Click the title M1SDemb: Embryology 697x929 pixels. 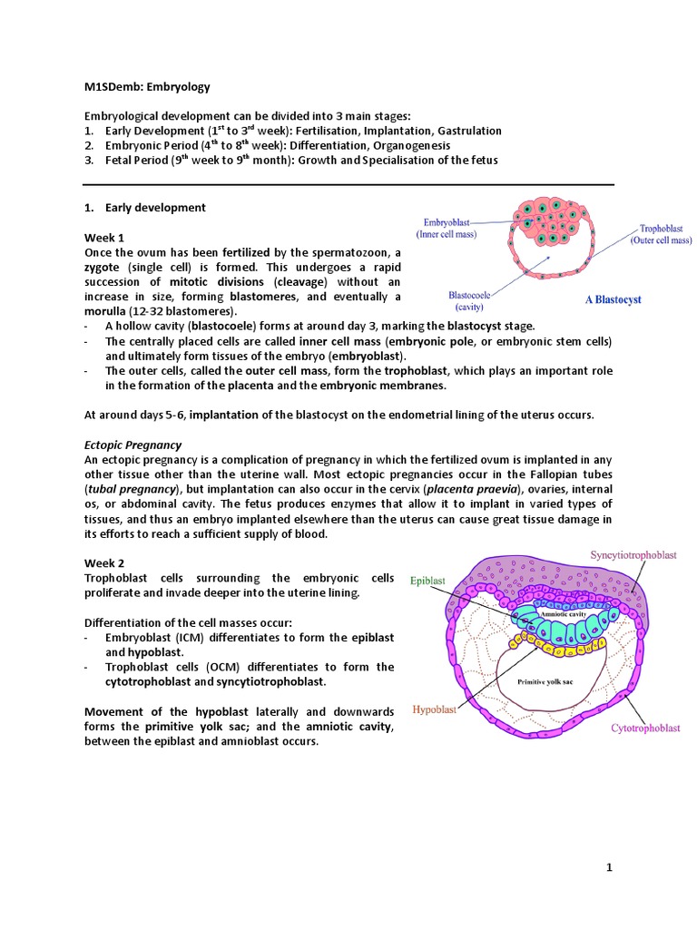click(x=147, y=87)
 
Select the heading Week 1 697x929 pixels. click(x=104, y=237)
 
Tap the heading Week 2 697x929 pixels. click(x=104, y=564)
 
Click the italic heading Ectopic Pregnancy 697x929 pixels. click(x=133, y=445)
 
